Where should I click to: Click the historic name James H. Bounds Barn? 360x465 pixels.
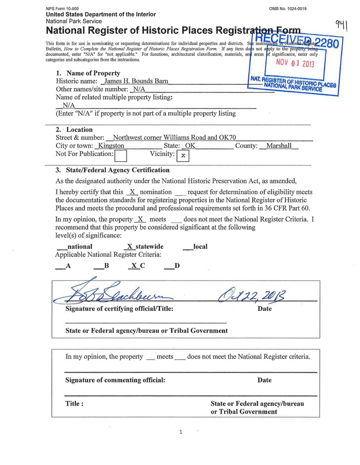point(136,81)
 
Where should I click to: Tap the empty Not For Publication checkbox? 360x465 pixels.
point(121,155)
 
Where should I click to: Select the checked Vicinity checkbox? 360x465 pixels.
point(183,155)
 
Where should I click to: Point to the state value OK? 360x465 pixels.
point(190,146)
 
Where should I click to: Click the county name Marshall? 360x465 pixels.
point(279,146)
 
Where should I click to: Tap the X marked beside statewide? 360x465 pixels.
point(130,246)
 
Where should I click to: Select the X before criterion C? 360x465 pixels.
point(134,266)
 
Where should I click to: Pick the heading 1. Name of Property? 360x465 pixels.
point(88,73)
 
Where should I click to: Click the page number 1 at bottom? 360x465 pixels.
point(180,432)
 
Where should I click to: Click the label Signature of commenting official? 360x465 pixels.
point(115,380)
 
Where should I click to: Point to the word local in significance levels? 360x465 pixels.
point(200,246)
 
